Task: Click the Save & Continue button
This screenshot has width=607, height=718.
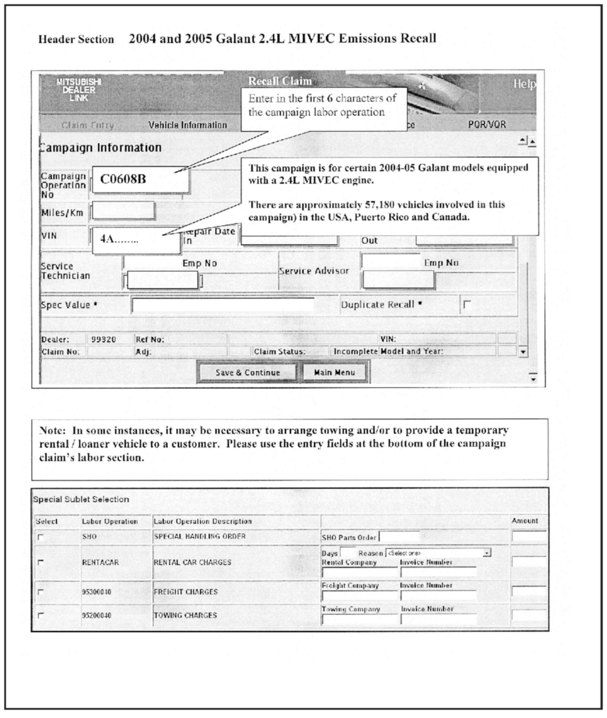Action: tap(248, 373)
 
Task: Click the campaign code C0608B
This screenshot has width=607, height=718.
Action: tap(123, 179)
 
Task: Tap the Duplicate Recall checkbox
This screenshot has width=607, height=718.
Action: tap(467, 304)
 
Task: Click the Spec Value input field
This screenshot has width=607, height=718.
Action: tap(223, 305)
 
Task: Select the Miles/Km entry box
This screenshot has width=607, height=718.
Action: tap(123, 211)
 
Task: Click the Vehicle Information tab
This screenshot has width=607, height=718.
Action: tap(187, 125)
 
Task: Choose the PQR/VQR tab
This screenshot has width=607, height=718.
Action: tap(487, 124)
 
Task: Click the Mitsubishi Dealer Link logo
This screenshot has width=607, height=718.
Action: tap(79, 90)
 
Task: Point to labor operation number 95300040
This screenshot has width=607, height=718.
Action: tap(96, 592)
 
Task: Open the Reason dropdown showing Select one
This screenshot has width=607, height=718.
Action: tap(438, 553)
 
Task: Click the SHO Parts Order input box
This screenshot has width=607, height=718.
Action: tap(399, 537)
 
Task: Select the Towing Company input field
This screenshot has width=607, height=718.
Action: tap(359, 619)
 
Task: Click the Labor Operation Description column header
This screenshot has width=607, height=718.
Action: tap(203, 521)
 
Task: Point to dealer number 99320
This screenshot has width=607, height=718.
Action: tap(103, 339)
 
